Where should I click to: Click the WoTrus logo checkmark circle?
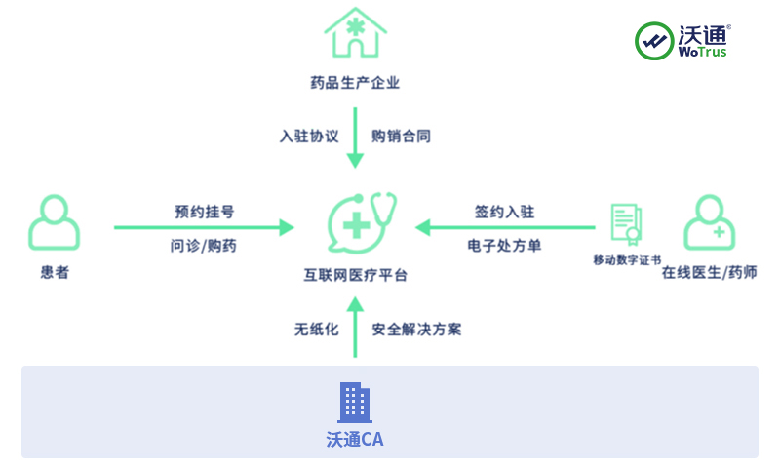click(x=654, y=41)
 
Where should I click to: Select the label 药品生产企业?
click(x=355, y=83)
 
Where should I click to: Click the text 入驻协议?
click(x=309, y=136)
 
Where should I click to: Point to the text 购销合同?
click(x=401, y=136)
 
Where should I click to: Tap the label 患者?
click(x=55, y=273)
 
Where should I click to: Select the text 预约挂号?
click(x=204, y=212)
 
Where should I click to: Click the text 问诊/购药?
click(x=204, y=246)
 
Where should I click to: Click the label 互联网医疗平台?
click(x=355, y=276)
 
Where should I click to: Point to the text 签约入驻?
click(x=504, y=212)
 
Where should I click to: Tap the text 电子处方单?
click(x=504, y=246)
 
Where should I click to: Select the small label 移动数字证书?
click(x=627, y=260)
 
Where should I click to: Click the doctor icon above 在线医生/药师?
click(x=709, y=222)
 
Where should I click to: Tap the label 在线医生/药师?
click(x=709, y=273)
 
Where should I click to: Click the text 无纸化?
click(x=317, y=330)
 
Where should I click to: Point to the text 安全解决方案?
click(x=416, y=330)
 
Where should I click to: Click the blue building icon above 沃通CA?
click(x=355, y=403)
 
